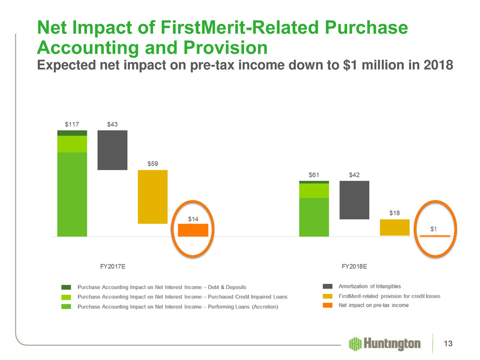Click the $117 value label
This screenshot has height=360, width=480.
[71, 124]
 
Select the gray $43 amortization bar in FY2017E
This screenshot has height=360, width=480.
[112, 150]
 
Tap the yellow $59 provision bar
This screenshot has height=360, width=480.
[153, 197]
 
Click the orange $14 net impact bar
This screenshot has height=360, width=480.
[193, 230]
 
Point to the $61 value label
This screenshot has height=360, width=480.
[314, 175]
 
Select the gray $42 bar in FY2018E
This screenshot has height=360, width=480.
[354, 200]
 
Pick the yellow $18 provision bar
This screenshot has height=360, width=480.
[395, 227]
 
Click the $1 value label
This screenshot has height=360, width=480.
[434, 229]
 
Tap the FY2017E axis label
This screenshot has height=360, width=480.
[113, 267]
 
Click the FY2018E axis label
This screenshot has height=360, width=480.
[354, 267]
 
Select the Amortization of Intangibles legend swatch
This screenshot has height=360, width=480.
[327, 286]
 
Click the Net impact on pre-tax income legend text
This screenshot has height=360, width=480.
[373, 305]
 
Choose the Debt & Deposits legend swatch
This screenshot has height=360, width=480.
[66, 287]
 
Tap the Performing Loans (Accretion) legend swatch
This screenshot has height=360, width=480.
[66, 306]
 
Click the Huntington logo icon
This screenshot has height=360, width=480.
[355, 344]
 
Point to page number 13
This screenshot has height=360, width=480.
[448, 344]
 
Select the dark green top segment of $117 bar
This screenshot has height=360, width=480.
[72, 133]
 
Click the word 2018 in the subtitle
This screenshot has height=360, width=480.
[438, 65]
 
